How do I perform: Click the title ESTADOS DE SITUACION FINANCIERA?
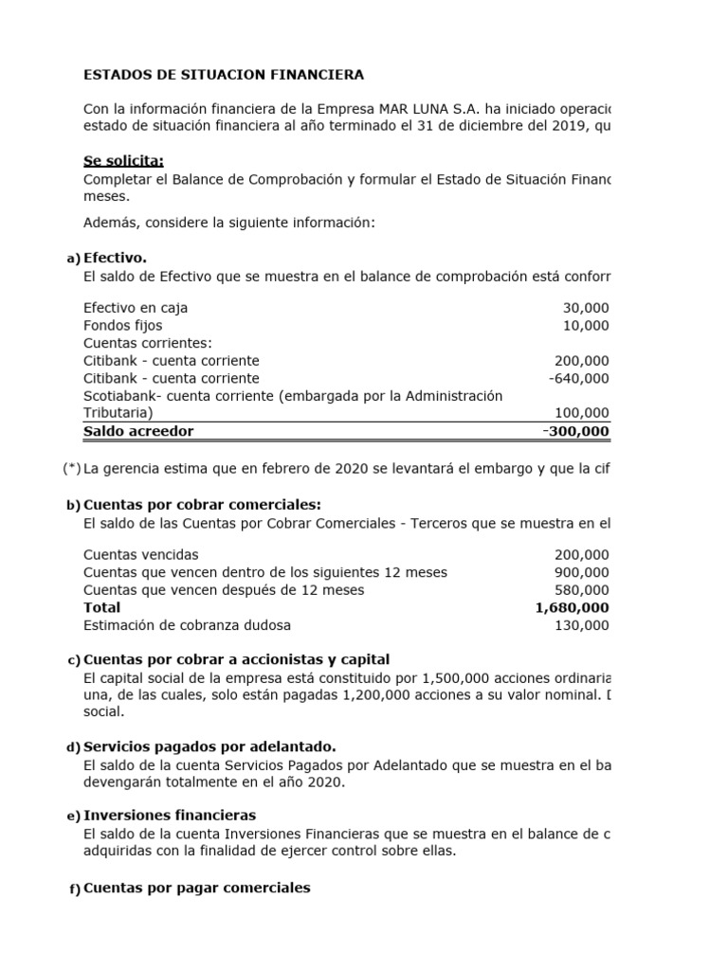223,74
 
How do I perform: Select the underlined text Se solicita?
123,161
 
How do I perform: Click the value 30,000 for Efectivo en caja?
586,309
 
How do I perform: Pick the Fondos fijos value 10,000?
586,326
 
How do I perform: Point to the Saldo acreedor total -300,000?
576,431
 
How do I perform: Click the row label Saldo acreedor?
138,431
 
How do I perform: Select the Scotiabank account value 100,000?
582,413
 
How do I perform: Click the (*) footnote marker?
72,468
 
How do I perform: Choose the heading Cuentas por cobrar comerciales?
202,504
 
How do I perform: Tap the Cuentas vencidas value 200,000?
582,555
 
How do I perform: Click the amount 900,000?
582,572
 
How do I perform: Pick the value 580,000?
582,590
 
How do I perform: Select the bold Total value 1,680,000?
573,607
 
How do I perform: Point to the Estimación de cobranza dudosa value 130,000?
582,625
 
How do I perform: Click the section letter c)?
73,660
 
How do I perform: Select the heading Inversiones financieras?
170,816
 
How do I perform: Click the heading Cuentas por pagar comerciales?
196,888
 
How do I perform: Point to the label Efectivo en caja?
136,309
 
